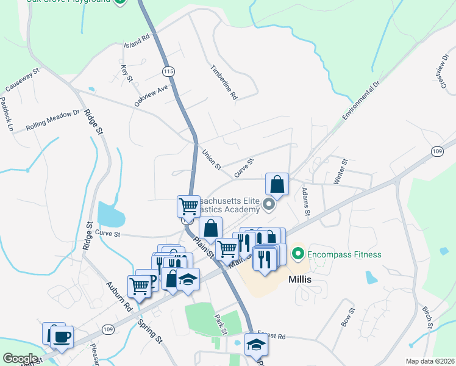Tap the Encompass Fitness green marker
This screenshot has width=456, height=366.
(x=298, y=253)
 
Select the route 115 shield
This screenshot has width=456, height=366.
(x=169, y=72)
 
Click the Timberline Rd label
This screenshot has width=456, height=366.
(x=224, y=82)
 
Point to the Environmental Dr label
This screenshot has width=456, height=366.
(x=361, y=98)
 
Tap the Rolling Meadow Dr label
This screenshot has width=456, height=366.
(x=53, y=120)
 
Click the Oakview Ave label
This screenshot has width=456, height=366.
(x=151, y=96)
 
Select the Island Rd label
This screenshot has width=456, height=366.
(x=137, y=41)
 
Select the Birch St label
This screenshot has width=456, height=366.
(x=427, y=317)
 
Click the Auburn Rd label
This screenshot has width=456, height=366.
(x=118, y=296)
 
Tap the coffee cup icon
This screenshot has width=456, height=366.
(x=62, y=336)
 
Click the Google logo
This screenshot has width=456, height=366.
(x=20, y=359)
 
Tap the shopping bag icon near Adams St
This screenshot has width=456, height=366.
(x=277, y=184)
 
